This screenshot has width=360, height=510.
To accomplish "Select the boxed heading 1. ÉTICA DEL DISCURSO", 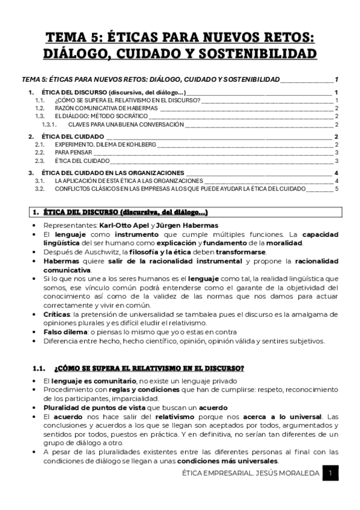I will tap(126, 212).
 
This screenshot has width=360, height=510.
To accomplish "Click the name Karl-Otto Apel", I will tap(123, 226).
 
